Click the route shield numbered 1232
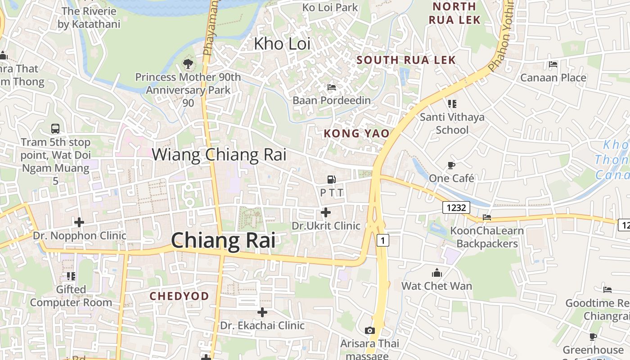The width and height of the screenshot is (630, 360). click(x=456, y=207)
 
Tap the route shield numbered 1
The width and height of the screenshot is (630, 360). click(x=382, y=240)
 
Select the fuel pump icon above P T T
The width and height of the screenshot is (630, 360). click(x=331, y=179)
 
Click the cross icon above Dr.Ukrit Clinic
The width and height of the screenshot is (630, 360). click(x=326, y=212)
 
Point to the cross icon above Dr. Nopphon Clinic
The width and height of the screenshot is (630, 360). click(x=79, y=222)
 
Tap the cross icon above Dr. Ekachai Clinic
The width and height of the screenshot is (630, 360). click(x=262, y=312)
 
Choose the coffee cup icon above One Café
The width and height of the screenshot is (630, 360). click(x=451, y=165)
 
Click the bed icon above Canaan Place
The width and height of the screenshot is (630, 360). click(x=553, y=64)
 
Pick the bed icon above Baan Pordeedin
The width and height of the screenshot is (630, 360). click(x=332, y=87)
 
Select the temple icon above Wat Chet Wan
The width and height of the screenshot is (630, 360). click(x=436, y=273)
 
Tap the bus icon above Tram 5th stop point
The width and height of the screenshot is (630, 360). click(x=55, y=129)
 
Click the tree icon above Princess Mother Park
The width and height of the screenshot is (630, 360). click(x=188, y=64)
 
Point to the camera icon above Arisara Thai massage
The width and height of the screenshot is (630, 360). click(x=370, y=331)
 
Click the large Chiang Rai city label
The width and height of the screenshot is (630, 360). click(x=223, y=240)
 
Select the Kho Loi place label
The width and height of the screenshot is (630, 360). click(x=283, y=44)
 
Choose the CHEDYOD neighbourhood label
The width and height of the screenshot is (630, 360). click(x=179, y=296)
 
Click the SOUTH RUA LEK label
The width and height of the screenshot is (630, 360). click(x=406, y=60)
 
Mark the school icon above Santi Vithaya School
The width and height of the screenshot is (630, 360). click(x=452, y=104)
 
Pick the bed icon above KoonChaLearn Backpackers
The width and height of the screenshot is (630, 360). click(x=487, y=217)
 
